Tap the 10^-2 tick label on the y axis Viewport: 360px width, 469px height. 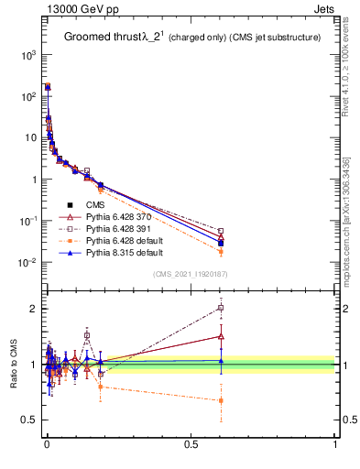[28, 263]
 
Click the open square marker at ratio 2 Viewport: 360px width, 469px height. [221, 308]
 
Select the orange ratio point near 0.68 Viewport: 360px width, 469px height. [221, 400]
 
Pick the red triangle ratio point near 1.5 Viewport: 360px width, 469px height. [221, 336]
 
